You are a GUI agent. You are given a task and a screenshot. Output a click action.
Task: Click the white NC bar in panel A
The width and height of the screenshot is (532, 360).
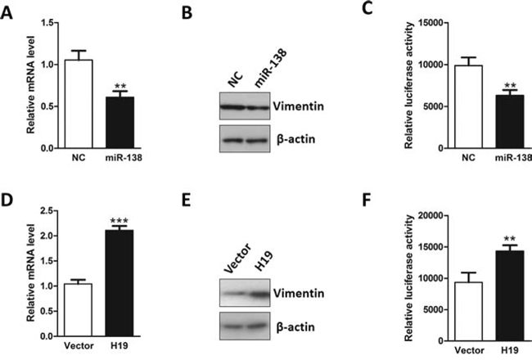click(79, 104)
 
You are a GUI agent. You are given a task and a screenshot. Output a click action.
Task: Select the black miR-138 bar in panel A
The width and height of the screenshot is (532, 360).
click(120, 123)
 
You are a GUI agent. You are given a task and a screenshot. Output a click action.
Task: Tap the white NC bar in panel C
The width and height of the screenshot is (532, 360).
click(468, 107)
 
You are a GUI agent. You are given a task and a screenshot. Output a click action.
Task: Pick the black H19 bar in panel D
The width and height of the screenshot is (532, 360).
click(119, 283)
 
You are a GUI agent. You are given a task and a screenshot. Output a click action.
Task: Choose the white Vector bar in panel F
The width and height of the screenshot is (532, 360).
click(468, 312)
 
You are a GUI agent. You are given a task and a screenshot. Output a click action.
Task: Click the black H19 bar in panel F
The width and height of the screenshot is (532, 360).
click(510, 296)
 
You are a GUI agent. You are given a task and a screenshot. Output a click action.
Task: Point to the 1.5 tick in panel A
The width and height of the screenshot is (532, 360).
click(47, 23)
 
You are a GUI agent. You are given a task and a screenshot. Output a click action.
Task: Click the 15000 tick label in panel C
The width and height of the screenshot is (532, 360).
click(431, 23)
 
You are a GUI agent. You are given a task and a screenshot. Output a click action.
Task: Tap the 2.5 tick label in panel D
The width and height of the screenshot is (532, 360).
click(47, 211)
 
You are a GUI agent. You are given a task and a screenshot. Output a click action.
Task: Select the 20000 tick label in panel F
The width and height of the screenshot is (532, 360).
click(431, 215)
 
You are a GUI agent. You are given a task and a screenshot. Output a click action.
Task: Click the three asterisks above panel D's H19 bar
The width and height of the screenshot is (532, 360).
click(119, 221)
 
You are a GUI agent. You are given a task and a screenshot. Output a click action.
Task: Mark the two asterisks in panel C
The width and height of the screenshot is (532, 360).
click(510, 85)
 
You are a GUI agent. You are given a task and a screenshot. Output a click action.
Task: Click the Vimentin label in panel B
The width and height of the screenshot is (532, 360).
click(299, 106)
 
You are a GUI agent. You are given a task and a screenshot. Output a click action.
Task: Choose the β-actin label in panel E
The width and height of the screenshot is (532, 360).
click(295, 327)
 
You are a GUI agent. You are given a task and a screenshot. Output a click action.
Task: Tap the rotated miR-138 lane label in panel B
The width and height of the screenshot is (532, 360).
click(270, 68)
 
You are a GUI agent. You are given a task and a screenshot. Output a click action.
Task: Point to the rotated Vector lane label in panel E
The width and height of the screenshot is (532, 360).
click(238, 259)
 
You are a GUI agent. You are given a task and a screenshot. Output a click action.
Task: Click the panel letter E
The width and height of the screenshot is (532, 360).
click(186, 200)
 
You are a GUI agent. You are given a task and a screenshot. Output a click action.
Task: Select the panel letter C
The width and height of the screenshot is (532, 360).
click(367, 8)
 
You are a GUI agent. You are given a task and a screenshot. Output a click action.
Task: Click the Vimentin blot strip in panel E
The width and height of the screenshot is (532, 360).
click(245, 293)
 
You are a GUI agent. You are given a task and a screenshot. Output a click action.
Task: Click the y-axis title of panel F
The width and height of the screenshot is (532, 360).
click(409, 278)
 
